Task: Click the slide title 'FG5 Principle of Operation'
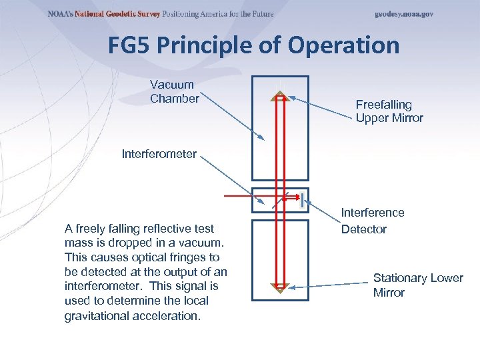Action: pos(253,46)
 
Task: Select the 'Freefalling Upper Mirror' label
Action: pos(389,111)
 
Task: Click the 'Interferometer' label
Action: pos(159,154)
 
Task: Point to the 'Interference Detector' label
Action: pos(373,221)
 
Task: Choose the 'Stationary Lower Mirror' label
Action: pos(418,285)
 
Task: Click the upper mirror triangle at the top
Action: pos(280,97)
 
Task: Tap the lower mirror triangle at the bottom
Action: pos(280,287)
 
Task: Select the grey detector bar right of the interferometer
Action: pos(303,199)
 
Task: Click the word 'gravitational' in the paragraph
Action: pos(98,315)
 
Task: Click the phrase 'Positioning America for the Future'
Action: pos(218,14)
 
